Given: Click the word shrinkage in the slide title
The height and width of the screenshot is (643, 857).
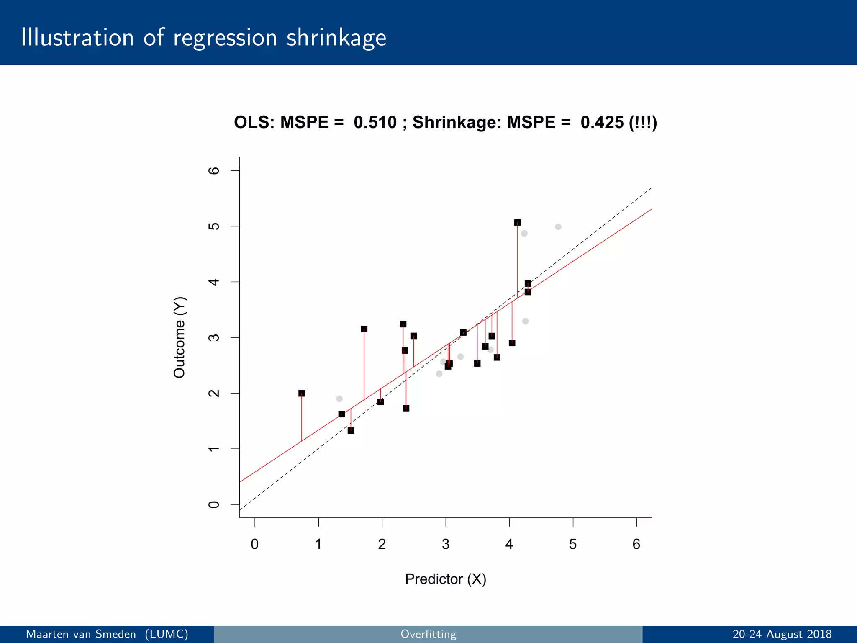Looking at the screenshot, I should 336,38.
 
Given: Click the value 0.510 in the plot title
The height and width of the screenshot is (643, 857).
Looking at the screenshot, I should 375,122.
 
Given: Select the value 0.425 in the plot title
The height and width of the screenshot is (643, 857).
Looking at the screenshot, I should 602,122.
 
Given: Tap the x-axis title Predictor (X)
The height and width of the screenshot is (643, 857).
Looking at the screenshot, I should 445,579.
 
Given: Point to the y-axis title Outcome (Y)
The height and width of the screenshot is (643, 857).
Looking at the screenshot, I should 179,337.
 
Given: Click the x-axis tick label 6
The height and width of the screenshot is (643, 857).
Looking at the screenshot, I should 636,544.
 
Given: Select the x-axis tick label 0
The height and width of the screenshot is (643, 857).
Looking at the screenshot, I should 254,544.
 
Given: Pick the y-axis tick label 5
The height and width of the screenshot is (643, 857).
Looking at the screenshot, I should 213,226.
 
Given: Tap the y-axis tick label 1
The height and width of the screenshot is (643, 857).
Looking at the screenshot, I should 213,449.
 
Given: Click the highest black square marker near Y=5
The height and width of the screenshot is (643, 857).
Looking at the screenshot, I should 517,222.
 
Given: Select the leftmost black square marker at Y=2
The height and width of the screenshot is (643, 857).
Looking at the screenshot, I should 301,394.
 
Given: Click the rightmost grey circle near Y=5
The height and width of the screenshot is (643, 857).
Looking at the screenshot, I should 558,227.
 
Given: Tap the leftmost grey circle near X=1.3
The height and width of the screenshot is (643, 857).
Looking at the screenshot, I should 339,399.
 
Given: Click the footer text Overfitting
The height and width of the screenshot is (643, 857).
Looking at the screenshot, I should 428,634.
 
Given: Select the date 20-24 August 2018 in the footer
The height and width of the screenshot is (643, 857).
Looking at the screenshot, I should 782,634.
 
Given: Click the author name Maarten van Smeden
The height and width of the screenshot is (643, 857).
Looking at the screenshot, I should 81,634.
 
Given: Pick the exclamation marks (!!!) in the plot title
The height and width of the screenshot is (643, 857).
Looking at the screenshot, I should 643,122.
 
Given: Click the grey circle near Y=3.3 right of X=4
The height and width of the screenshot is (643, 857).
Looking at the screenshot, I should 526,321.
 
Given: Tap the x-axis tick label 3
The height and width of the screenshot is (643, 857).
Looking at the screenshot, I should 445,544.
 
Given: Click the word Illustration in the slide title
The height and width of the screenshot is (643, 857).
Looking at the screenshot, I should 77,38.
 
